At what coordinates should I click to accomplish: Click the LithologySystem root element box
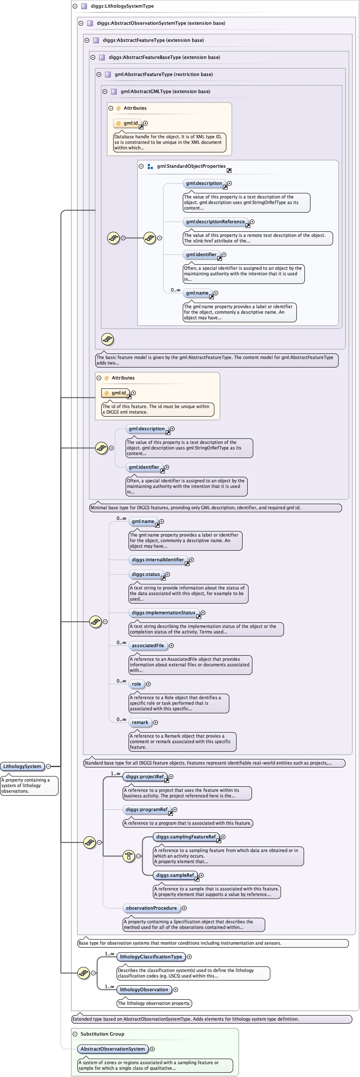tap(22, 766)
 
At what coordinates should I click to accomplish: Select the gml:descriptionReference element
tap(215, 222)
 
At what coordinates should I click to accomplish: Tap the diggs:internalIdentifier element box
tap(158, 560)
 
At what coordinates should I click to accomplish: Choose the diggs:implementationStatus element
tap(163, 613)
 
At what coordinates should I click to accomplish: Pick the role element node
tap(136, 684)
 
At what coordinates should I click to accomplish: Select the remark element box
tap(140, 722)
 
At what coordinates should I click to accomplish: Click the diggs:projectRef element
tap(145, 776)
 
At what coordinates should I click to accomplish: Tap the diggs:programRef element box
tap(146, 809)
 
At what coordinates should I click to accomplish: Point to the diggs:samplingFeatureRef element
tap(186, 837)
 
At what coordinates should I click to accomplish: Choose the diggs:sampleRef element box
tap(175, 875)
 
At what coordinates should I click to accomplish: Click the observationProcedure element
tap(151, 908)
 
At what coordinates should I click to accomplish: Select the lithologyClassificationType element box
tap(151, 957)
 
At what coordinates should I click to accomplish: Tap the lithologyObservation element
tap(144, 989)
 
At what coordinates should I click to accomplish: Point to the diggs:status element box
tap(146, 574)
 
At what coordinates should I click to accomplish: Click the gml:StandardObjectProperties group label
tap(191, 166)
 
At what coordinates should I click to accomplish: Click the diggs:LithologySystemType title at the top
tap(122, 6)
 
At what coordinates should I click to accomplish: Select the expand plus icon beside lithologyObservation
tap(176, 989)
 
